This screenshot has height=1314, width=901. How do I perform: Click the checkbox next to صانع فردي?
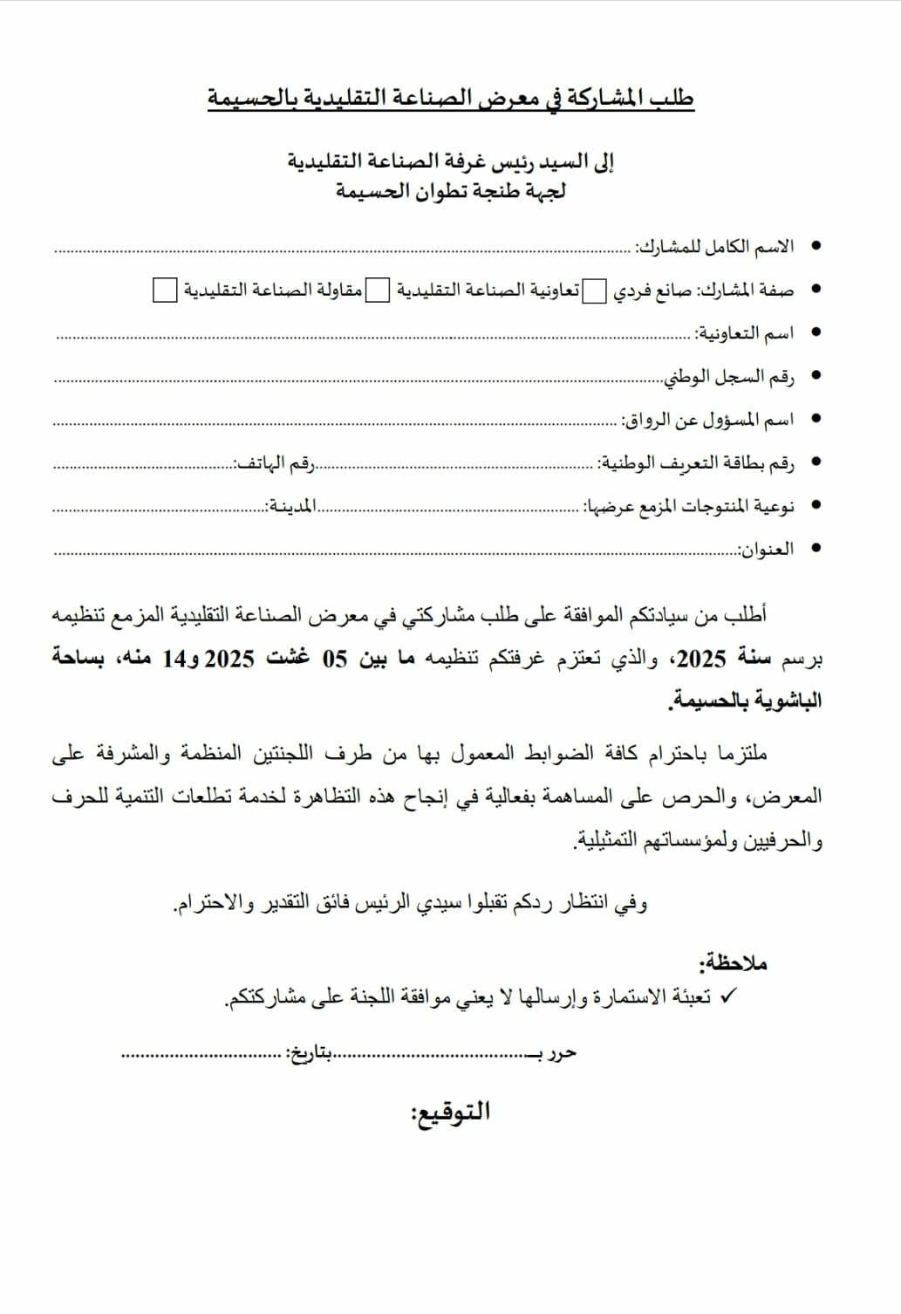(594, 291)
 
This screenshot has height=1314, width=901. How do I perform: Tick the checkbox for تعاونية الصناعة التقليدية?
(377, 291)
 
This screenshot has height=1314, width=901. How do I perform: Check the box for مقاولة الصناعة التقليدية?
(165, 291)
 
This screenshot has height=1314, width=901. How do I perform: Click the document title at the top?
(450, 98)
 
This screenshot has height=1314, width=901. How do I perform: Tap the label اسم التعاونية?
(744, 333)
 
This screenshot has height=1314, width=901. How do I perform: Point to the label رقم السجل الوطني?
(729, 377)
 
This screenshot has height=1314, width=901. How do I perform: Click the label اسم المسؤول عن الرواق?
(707, 420)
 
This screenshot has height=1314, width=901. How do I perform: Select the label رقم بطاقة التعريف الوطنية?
(696, 462)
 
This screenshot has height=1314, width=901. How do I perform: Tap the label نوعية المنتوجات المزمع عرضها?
(689, 506)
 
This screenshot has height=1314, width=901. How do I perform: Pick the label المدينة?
(291, 506)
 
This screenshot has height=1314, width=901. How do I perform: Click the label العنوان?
(767, 549)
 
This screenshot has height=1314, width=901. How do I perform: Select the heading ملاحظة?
(733, 963)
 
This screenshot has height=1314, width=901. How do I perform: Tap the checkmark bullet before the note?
(730, 995)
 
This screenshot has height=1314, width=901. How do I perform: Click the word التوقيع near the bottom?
(450, 1112)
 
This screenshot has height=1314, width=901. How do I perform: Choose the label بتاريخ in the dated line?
(311, 1053)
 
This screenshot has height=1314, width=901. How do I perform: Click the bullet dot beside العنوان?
(816, 549)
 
